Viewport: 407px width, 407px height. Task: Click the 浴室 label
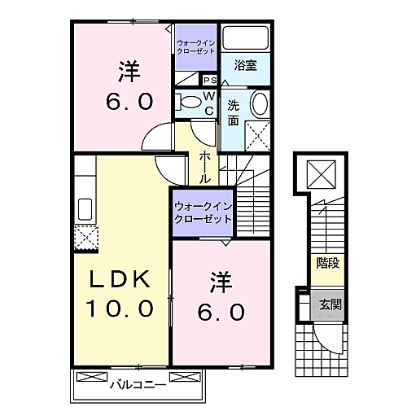click(x=246, y=66)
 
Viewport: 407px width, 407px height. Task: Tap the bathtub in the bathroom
click(x=246, y=39)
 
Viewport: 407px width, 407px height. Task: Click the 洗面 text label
click(x=233, y=112)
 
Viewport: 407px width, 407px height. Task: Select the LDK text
click(x=120, y=279)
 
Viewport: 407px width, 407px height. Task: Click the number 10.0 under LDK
click(x=120, y=310)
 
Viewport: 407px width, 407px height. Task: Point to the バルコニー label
click(x=137, y=361)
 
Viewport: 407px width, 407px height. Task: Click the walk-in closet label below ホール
click(x=203, y=212)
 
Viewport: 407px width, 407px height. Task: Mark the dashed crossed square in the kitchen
click(x=85, y=239)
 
